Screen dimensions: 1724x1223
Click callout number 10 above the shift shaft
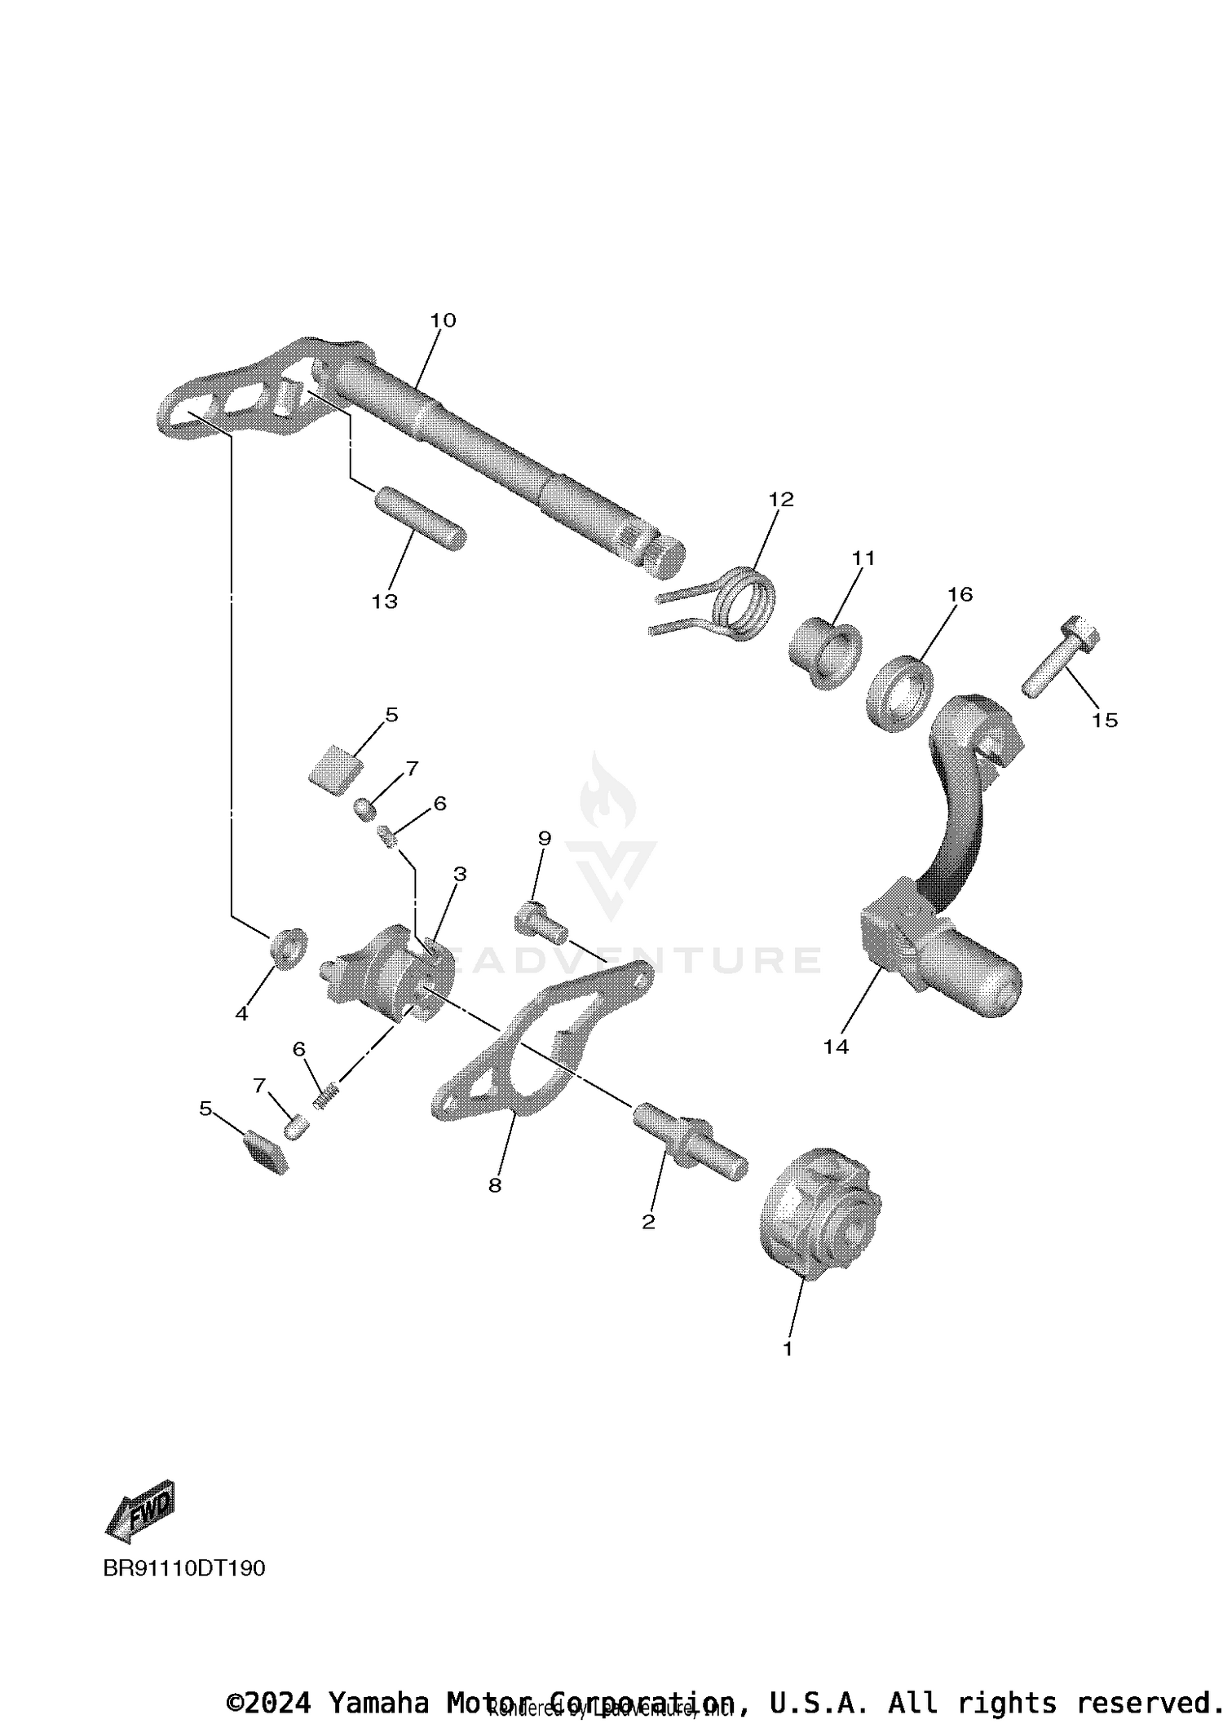443,320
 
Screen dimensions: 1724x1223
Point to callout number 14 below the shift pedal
836,1047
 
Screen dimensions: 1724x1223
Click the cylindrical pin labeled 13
420,518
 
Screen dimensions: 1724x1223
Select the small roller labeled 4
288,947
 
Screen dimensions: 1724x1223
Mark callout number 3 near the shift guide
460,875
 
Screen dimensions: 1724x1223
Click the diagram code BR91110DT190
183,1568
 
